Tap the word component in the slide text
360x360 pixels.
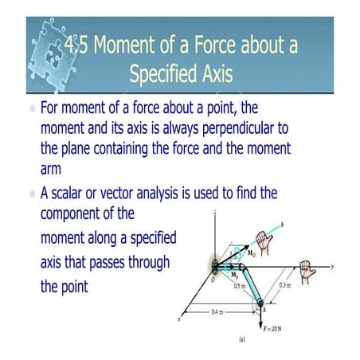point(77,214)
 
